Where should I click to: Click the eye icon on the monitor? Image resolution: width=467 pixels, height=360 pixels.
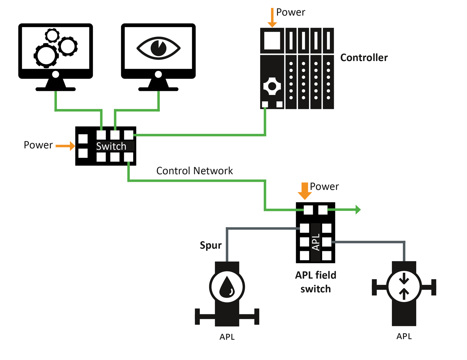click(158, 48)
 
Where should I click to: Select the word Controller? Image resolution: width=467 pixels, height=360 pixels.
click(364, 58)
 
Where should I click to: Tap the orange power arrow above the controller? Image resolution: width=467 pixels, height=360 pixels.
click(272, 18)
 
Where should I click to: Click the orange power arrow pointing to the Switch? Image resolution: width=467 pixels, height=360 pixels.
click(65, 146)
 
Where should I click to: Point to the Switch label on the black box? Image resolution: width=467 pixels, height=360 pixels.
click(111, 146)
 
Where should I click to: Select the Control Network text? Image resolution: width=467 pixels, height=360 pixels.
click(194, 171)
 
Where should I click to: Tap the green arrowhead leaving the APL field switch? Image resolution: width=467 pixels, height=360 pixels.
click(358, 210)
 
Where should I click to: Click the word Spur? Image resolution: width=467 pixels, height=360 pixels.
click(211, 245)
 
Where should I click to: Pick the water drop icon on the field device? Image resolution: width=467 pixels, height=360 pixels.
click(227, 287)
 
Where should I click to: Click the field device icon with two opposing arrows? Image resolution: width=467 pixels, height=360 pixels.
click(404, 287)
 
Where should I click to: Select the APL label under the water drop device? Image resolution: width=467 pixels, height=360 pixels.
click(227, 337)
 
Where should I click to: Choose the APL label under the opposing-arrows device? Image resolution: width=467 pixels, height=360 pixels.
click(404, 336)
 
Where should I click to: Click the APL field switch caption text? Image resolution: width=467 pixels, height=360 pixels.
click(316, 282)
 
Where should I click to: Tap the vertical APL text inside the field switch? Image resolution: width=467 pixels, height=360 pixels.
click(316, 242)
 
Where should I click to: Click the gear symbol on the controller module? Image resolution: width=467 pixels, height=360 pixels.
click(272, 87)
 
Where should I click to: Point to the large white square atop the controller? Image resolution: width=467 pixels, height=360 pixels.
click(272, 40)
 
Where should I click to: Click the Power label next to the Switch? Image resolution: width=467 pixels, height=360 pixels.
click(38, 145)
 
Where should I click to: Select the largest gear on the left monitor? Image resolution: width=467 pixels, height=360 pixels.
click(46, 55)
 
